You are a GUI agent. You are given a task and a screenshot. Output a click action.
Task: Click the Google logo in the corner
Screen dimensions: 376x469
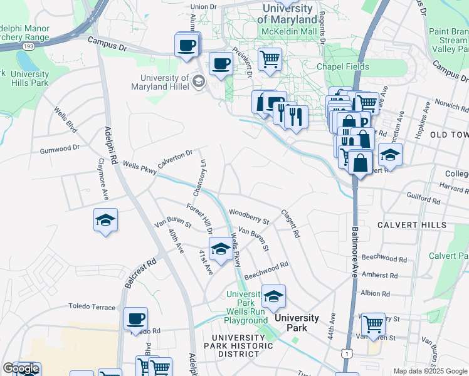(x=21, y=368)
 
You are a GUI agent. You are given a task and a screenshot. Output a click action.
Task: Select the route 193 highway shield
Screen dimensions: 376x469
(x=27, y=46)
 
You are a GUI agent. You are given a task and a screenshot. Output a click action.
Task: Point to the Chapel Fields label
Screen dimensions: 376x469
(x=342, y=67)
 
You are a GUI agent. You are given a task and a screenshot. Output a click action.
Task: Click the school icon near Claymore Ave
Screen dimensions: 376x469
(x=105, y=220)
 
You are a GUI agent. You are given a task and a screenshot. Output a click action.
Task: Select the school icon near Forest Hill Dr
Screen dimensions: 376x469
(x=219, y=249)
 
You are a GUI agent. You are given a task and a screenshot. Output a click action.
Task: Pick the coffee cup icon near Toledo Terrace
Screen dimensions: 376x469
(x=135, y=318)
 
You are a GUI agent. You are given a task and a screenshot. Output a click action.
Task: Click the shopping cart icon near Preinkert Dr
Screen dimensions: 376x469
(x=269, y=60)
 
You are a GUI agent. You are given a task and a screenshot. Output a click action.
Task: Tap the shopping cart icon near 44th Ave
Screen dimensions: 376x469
(x=373, y=324)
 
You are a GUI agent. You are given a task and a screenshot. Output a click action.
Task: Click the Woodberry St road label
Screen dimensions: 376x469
(x=249, y=216)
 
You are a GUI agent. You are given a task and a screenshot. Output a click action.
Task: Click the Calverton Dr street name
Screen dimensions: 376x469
(x=175, y=158)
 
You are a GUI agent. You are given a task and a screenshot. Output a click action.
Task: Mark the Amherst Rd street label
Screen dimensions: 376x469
(x=380, y=275)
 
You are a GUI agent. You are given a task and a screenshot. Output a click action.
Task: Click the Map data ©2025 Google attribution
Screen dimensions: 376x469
(x=430, y=371)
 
